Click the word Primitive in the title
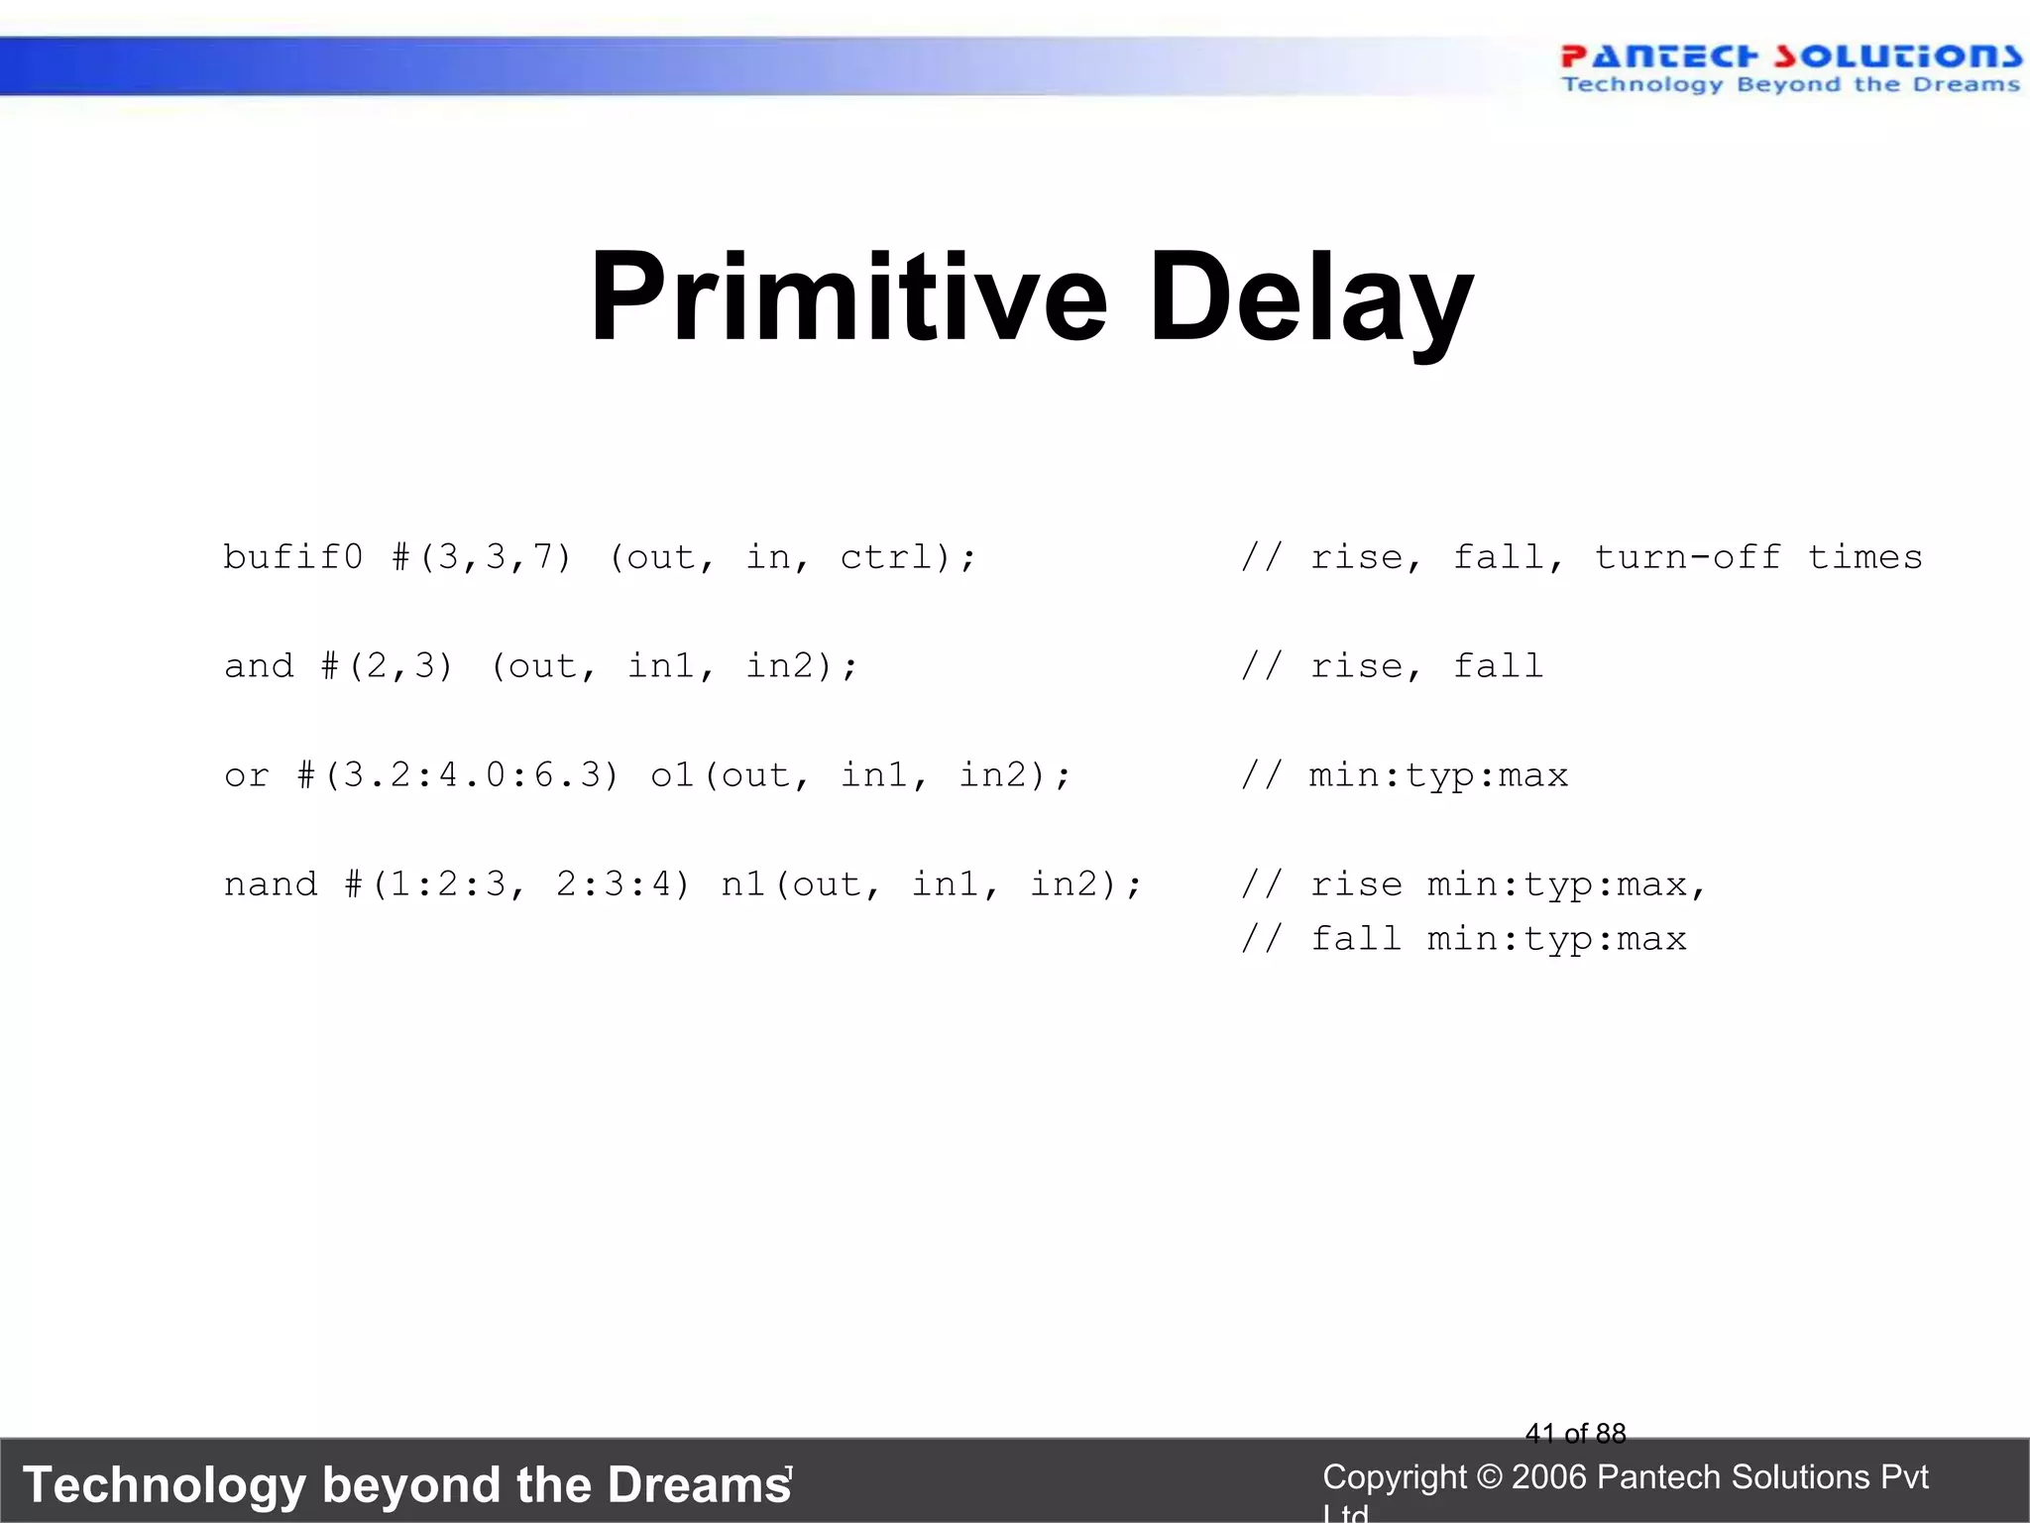pos(847,297)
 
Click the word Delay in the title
pos(1310,297)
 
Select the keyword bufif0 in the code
pos(293,557)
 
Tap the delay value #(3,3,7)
pos(482,557)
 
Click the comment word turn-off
pos(1687,557)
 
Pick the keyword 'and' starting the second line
pos(259,666)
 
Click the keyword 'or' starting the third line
pos(247,775)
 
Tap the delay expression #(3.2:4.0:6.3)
pos(458,775)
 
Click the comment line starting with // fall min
pos(1463,939)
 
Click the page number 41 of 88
pos(1575,1434)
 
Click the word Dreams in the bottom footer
pos(699,1485)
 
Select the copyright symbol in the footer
pos(1489,1477)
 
